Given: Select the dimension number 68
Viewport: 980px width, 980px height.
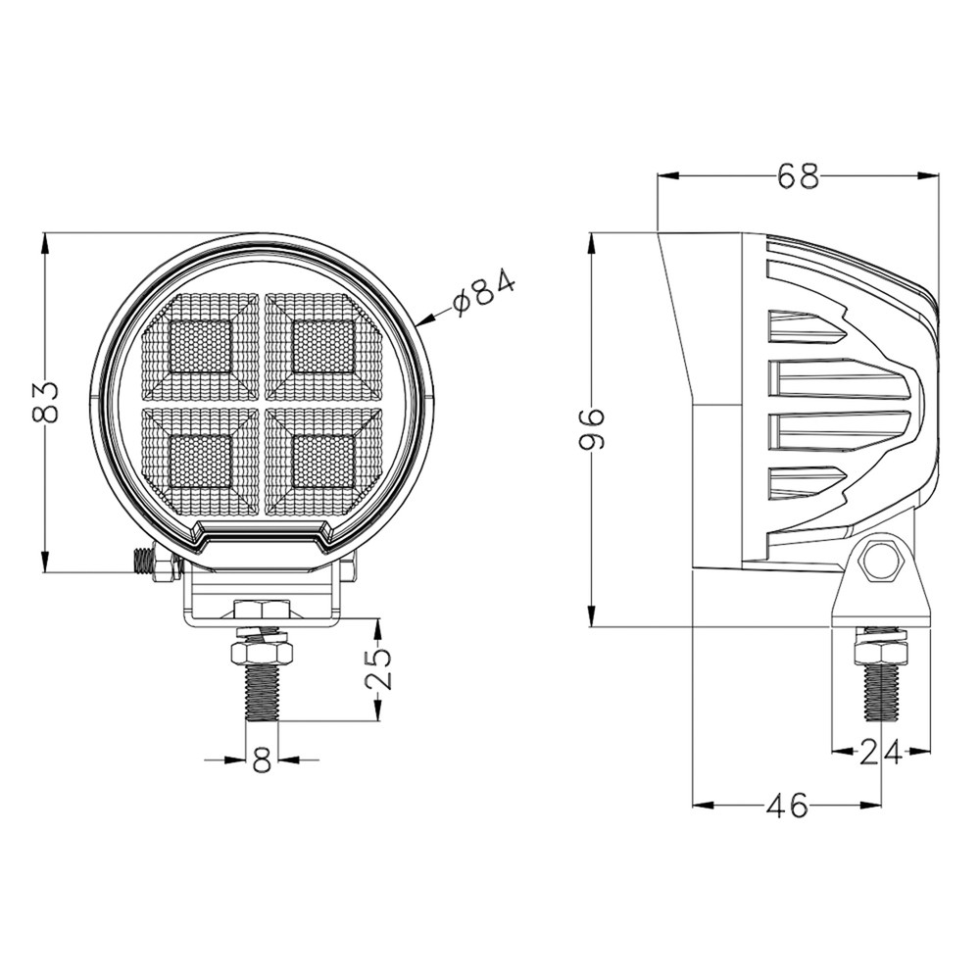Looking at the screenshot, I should coord(798,177).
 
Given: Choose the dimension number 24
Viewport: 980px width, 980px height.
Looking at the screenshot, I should coord(880,753).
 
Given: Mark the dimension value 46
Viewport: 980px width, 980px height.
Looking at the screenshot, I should coord(787,807).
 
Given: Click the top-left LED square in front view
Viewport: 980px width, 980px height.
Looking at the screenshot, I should coord(201,346).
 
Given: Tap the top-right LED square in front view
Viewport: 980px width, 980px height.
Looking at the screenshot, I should coord(323,346).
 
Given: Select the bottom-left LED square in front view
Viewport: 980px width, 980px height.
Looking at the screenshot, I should coord(201,462).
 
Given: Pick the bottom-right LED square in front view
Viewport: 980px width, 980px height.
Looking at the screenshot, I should coord(323,462).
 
